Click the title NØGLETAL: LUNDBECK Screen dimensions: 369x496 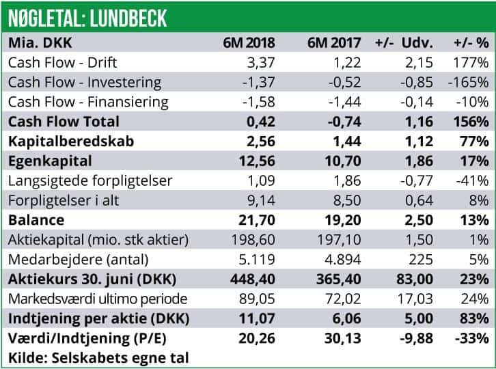pyautogui.click(x=88, y=16)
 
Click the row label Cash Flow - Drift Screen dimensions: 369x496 pyautogui.click(x=63, y=62)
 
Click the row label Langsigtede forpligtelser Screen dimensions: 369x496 pyautogui.click(x=92, y=180)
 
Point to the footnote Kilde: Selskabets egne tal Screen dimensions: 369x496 pyautogui.click(x=98, y=357)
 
